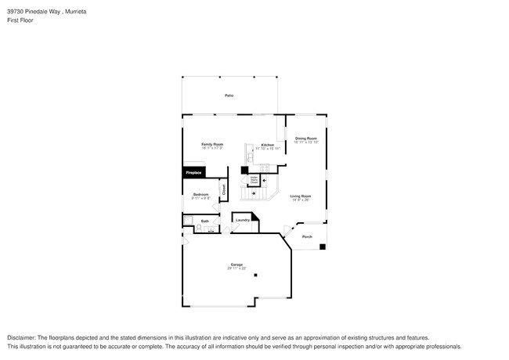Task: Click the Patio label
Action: point(229,95)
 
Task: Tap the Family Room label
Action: point(212,144)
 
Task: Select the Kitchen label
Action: point(267,145)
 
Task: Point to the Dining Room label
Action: point(305,139)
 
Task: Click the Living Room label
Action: point(301,196)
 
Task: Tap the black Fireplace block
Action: point(193,171)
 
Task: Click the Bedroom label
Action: point(201,194)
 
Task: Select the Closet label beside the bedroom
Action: point(223,189)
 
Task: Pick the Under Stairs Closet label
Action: point(254,180)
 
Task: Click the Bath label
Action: point(204,221)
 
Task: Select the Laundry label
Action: point(243,221)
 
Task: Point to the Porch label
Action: point(307,236)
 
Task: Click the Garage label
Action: point(236,264)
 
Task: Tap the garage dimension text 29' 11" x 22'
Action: point(236,268)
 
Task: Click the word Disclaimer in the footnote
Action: point(23,337)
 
